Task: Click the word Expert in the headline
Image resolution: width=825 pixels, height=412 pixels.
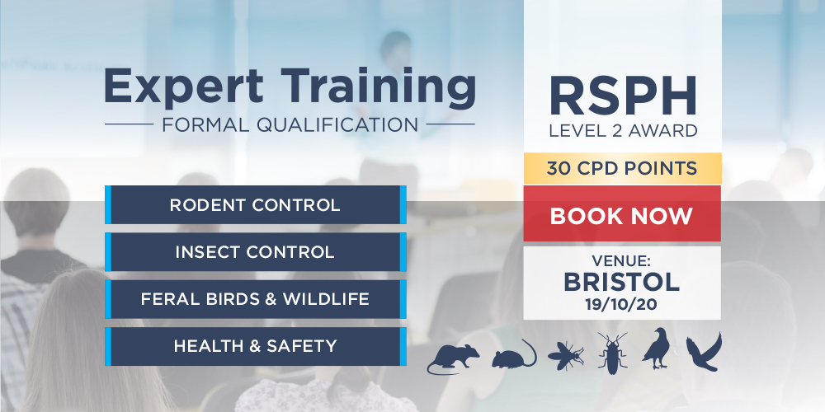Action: (184, 87)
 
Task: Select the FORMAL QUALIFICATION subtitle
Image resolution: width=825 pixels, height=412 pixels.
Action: (290, 124)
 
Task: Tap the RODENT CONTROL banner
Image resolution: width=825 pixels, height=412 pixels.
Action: (256, 204)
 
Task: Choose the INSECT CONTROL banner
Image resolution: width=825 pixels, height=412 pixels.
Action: (256, 251)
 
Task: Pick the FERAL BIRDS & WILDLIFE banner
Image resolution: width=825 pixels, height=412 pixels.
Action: (256, 299)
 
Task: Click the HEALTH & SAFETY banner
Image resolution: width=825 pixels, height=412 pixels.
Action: (256, 346)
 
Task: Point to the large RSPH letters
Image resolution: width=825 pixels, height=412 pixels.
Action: (623, 96)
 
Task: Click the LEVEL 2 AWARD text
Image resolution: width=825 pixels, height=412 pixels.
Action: (623, 130)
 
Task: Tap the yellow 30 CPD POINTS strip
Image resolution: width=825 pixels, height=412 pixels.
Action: (622, 169)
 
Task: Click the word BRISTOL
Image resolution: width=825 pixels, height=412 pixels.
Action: (622, 283)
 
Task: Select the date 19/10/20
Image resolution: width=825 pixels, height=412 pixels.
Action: (621, 305)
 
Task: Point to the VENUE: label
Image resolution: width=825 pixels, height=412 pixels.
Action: (621, 260)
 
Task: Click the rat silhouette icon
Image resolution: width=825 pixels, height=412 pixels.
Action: (453, 358)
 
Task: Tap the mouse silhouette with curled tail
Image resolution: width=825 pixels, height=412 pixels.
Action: (513, 354)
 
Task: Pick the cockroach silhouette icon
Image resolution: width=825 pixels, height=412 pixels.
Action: (613, 353)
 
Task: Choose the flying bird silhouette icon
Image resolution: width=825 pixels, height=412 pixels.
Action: (704, 352)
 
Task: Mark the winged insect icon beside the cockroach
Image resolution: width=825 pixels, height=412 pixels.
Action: (566, 355)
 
